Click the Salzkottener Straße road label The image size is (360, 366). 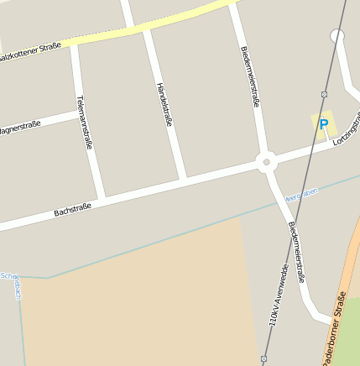point(30,51)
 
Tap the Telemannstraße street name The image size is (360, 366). point(83,123)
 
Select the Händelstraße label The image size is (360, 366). point(164,105)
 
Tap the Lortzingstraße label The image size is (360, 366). point(346,133)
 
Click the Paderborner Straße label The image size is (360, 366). point(335,328)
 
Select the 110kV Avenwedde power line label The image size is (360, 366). point(279,293)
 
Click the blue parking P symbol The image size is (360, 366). point(323,124)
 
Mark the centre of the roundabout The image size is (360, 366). point(267,162)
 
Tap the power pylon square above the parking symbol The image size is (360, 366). point(324,94)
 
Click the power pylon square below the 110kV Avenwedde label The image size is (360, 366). point(264,358)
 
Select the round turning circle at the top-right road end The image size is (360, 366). point(337,36)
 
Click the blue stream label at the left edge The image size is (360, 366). point(10,276)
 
